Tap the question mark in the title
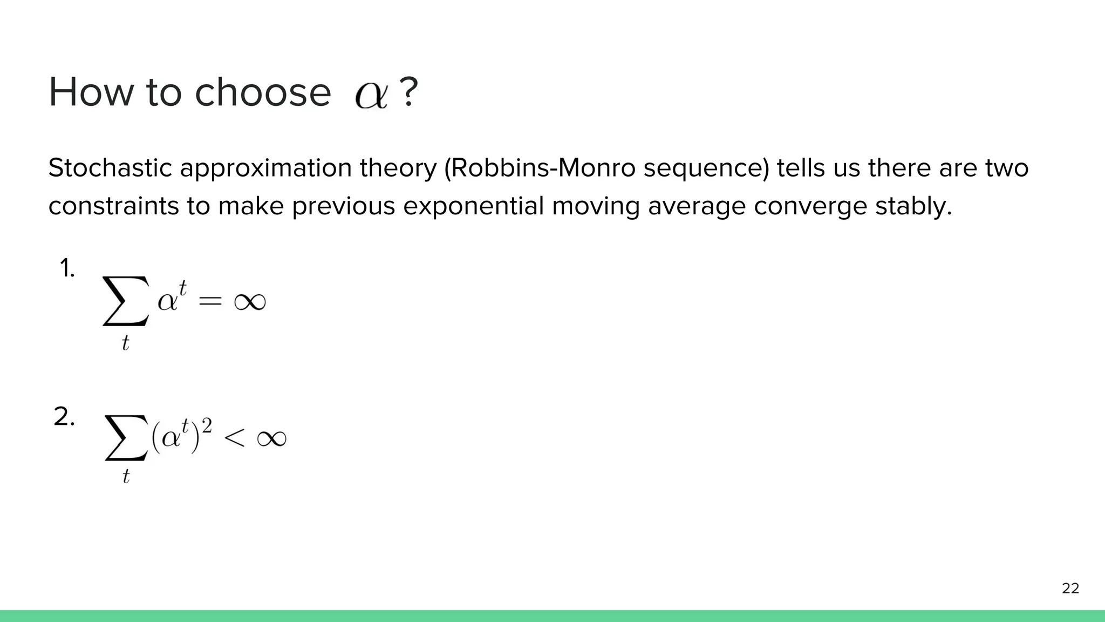(x=408, y=92)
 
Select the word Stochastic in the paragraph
(x=110, y=168)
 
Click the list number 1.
(x=67, y=268)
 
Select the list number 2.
(x=64, y=417)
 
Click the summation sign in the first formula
(x=125, y=301)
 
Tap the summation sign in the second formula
(x=126, y=437)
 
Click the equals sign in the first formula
(x=210, y=301)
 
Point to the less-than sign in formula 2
(x=235, y=438)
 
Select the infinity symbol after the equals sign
(x=250, y=301)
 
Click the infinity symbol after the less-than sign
(x=271, y=438)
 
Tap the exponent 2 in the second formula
(x=207, y=426)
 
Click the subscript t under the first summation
(x=125, y=343)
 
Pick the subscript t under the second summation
(x=126, y=476)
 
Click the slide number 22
(x=1070, y=589)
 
